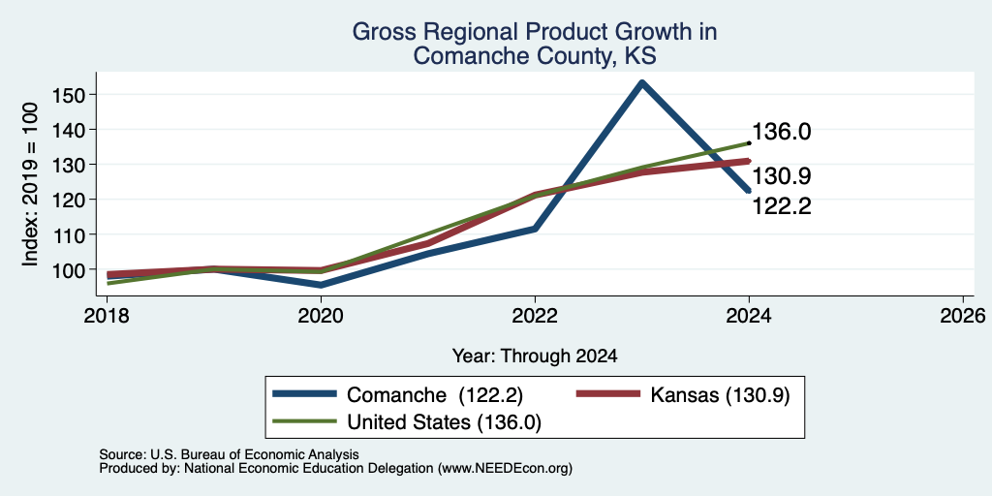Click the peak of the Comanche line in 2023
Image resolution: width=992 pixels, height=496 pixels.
click(x=641, y=82)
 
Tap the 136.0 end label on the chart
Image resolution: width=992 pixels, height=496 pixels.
click(x=782, y=132)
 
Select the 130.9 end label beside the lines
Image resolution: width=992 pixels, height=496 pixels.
click(x=782, y=176)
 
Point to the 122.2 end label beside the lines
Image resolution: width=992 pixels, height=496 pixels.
click(x=782, y=206)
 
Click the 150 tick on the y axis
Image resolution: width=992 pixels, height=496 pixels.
click(x=69, y=95)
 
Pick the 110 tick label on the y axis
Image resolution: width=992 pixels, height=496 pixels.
click(x=69, y=234)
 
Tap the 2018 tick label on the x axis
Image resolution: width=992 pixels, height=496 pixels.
click(x=107, y=316)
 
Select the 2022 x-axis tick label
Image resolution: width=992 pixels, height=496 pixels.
click(x=535, y=316)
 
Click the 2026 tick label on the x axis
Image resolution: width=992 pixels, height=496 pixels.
click(x=963, y=316)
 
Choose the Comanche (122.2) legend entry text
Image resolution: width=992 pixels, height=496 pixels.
click(x=435, y=395)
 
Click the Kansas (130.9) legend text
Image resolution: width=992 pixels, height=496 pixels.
click(x=720, y=395)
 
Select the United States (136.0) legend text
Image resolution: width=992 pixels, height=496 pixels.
click(x=444, y=422)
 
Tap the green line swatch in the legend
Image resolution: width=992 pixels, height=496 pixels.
click(x=304, y=421)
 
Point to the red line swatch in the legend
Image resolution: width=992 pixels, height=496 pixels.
click(x=606, y=394)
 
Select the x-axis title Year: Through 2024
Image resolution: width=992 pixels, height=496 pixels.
click(x=535, y=356)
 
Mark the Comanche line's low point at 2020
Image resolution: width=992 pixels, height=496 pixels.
click(x=322, y=286)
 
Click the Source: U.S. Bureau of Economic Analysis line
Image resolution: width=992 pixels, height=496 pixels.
click(x=229, y=454)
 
